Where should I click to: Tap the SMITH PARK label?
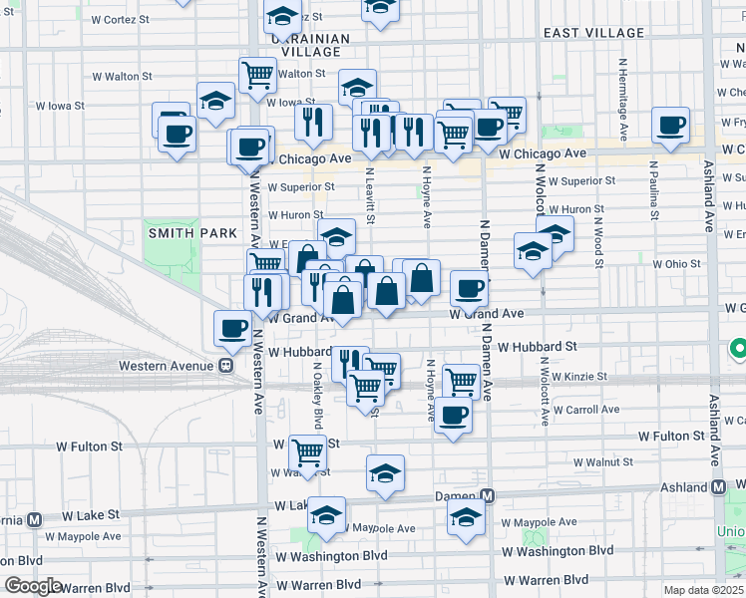point(192,232)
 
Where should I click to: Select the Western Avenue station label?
point(167,365)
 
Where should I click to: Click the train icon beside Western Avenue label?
point(226,365)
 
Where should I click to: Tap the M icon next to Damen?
point(488,496)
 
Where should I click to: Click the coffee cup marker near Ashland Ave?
point(671,126)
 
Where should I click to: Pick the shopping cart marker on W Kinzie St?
point(461,380)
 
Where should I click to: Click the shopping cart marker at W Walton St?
point(257,73)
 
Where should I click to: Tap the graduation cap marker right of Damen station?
point(466,517)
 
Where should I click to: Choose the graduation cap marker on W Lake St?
point(325,515)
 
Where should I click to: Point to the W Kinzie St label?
point(577,377)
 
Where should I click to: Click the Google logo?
point(33,586)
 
